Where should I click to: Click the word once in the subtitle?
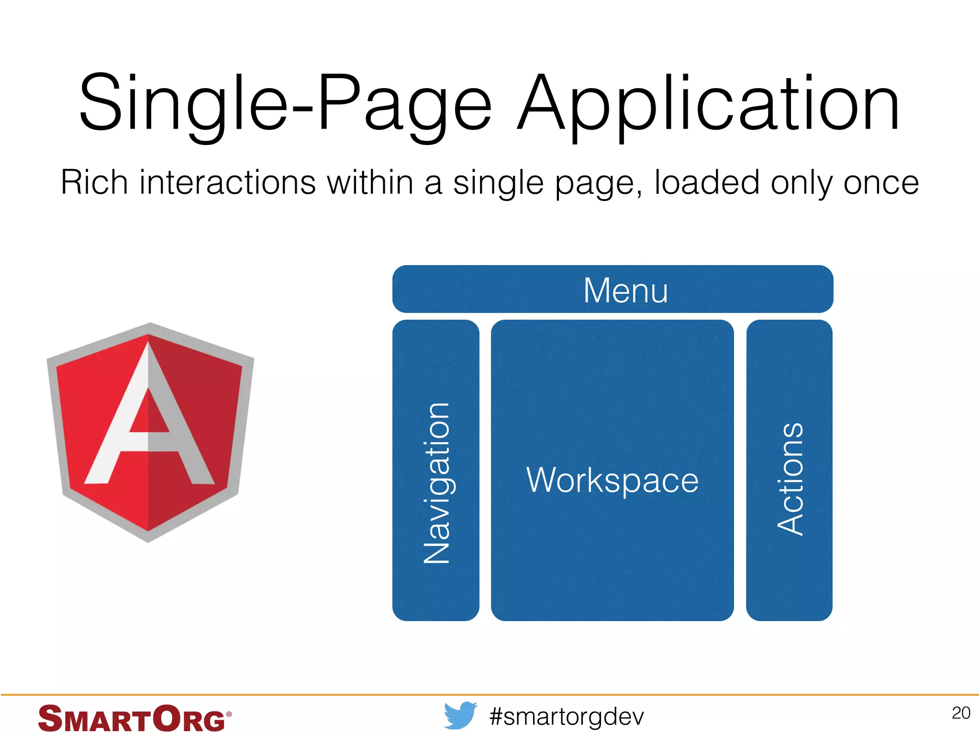[880, 183]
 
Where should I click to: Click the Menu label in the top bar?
[625, 290]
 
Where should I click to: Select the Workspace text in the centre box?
[612, 480]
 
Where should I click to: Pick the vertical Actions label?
[790, 479]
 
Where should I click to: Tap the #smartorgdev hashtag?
[567, 716]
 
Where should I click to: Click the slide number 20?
[961, 713]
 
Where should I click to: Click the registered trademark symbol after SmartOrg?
[229, 714]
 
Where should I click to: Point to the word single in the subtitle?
[498, 183]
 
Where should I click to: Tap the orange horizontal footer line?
[490, 694]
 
